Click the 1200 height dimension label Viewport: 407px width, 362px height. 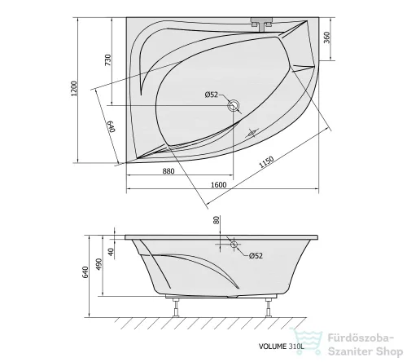coord(74,88)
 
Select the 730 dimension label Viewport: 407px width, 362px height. coord(108,60)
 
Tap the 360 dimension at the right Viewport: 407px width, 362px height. coord(326,38)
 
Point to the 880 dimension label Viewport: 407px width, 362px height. coord(168,171)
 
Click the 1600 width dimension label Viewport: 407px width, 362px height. coord(219,185)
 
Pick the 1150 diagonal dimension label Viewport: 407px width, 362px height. coord(266,162)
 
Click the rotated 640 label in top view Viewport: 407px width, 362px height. coord(112,126)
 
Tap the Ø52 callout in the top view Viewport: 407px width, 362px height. coord(212,95)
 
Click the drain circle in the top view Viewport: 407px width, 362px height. coord(234,105)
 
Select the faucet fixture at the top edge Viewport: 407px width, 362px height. coord(261,24)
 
